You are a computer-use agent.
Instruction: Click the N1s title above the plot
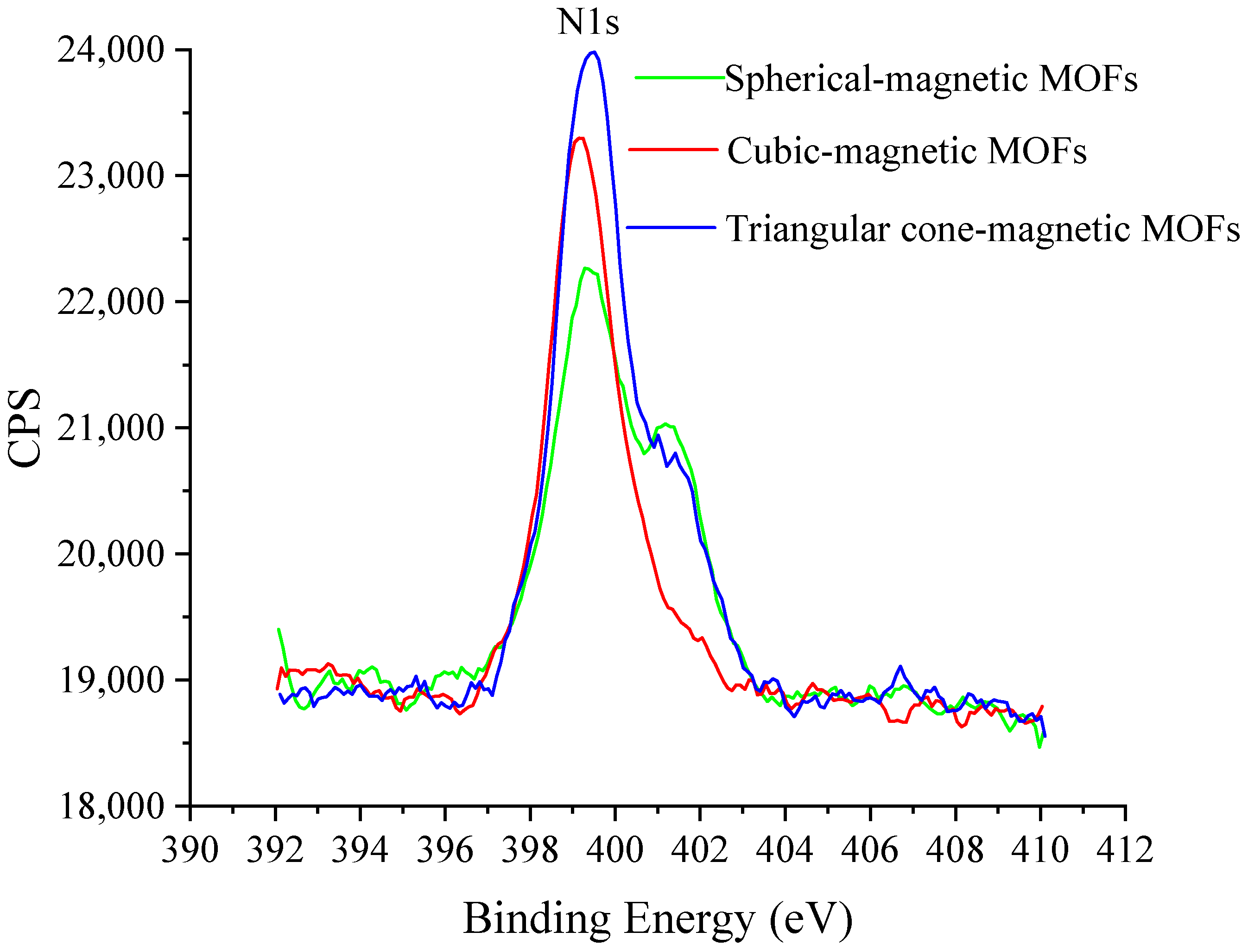tap(589, 23)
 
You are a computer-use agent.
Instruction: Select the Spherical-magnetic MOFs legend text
tap(931, 79)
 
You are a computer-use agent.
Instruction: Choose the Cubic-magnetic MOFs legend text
tap(907, 151)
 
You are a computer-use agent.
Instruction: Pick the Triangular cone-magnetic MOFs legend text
tap(982, 229)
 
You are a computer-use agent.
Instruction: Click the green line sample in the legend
tap(679, 77)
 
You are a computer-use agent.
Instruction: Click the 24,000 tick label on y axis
tap(111, 51)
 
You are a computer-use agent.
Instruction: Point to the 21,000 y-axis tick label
tap(111, 428)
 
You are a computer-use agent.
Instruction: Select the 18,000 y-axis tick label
tap(111, 805)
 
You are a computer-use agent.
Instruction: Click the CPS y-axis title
tap(25, 428)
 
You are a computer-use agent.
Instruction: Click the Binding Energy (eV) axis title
tap(658, 918)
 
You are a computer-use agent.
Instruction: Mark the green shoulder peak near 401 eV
tap(666, 423)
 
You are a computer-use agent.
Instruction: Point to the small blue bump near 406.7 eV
tap(900, 666)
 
